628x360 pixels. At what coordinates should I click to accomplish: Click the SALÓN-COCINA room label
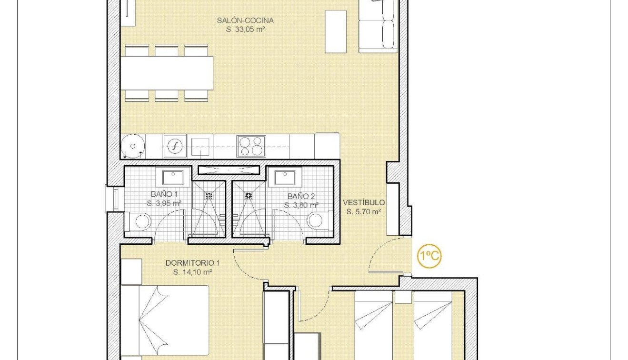[x=245, y=20]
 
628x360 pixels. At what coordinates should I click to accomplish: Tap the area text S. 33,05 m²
[x=245, y=29]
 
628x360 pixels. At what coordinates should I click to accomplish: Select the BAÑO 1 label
[x=164, y=194]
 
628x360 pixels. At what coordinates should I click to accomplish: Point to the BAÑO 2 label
[x=301, y=196]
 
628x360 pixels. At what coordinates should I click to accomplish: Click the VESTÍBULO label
[x=364, y=203]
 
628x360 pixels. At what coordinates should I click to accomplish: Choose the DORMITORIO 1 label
[x=192, y=263]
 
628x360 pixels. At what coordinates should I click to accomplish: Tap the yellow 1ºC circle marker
[x=429, y=256]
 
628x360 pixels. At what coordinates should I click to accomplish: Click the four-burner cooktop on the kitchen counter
[x=251, y=146]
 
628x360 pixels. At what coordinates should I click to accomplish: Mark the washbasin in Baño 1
[x=172, y=178]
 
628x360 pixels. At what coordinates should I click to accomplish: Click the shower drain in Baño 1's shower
[x=209, y=195]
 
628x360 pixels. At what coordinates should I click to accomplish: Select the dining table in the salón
[x=167, y=73]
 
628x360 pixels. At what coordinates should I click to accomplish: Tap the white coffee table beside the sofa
[x=335, y=31]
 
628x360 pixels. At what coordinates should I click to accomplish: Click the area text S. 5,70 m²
[x=364, y=212]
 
